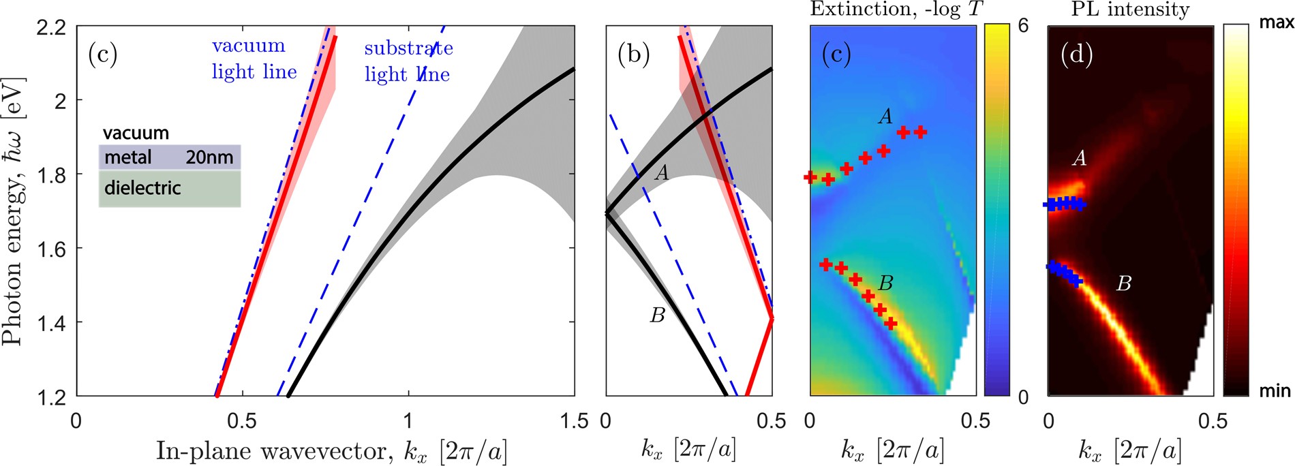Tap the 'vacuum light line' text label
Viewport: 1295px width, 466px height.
[254, 59]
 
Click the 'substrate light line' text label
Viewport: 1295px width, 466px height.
[408, 61]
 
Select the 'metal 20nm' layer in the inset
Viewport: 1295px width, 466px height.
[169, 157]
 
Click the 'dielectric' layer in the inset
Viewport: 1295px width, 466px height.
[169, 188]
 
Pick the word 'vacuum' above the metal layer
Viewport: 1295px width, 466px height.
[136, 133]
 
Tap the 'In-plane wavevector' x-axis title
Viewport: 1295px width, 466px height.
[331, 451]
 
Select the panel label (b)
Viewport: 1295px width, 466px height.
[633, 54]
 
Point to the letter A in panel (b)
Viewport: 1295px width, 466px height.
[661, 173]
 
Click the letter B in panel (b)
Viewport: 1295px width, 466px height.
[657, 315]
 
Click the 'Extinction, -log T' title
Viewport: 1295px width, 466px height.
[895, 10]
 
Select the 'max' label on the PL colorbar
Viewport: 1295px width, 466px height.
[1276, 23]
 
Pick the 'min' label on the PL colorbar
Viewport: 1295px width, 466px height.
[1275, 390]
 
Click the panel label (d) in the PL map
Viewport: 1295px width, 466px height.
[1076, 54]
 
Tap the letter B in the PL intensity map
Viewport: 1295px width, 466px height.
[1123, 283]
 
